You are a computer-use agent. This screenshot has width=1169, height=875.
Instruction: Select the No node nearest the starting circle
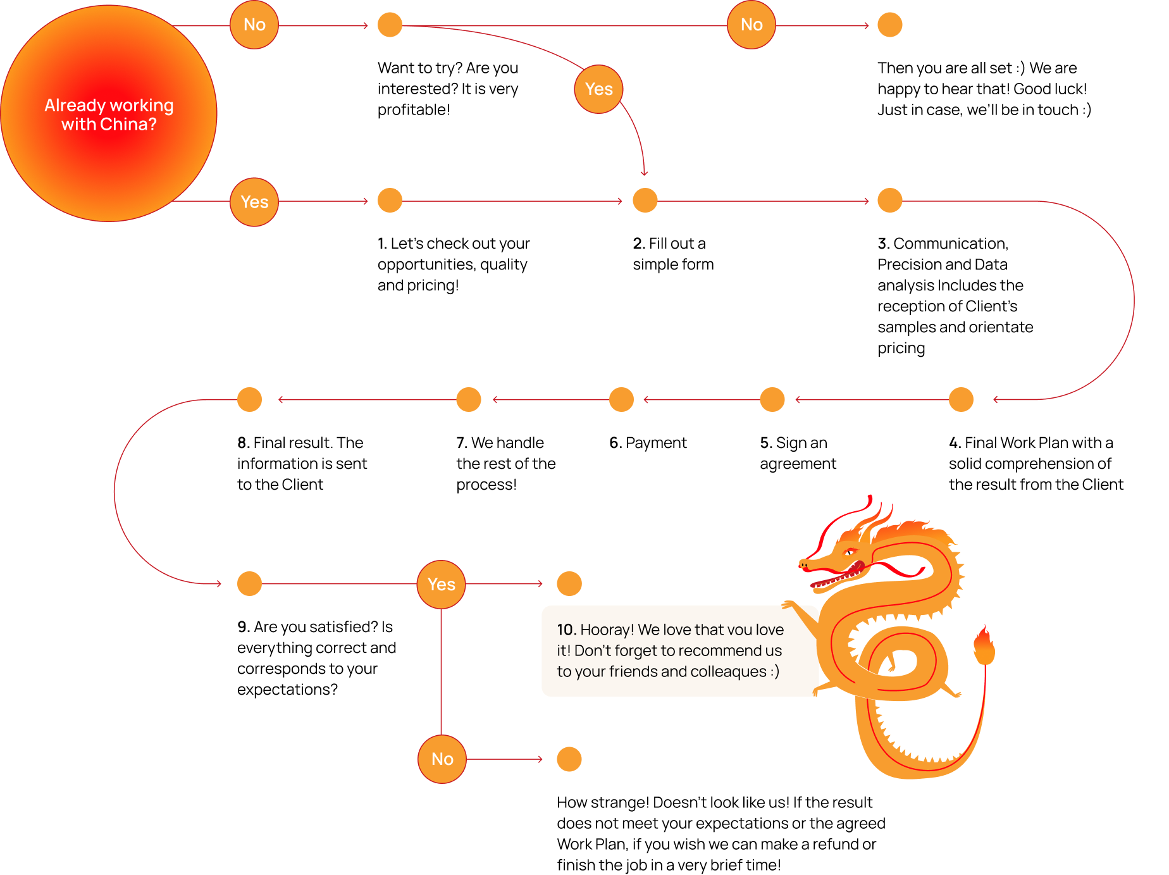click(254, 25)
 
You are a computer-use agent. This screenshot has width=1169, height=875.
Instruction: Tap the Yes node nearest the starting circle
click(254, 202)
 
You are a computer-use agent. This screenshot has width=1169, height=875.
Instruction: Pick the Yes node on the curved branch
click(598, 89)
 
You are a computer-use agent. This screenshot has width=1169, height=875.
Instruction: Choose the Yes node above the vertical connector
click(441, 584)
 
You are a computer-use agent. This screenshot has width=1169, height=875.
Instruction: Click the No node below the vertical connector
click(442, 759)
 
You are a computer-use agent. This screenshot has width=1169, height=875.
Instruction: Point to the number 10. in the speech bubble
click(566, 630)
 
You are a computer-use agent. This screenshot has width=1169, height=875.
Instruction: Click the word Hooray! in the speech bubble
click(607, 630)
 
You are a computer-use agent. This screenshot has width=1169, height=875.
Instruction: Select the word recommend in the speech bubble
click(711, 650)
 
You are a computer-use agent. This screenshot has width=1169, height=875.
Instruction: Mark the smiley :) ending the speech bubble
click(774, 671)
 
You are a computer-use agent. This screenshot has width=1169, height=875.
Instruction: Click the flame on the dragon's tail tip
click(984, 645)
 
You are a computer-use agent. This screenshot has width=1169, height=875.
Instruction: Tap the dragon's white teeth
click(829, 577)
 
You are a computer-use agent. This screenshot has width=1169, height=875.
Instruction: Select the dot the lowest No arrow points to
click(569, 759)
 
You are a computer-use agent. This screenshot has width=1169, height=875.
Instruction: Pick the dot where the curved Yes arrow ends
click(645, 201)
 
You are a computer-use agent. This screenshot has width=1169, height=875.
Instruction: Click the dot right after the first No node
click(390, 25)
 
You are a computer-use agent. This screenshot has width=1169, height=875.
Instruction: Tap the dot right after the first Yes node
click(390, 201)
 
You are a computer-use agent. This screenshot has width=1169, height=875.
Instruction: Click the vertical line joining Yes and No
click(441, 671)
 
